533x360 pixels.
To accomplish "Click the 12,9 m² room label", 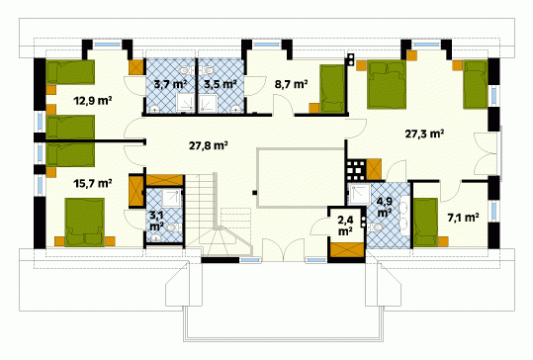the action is pyautogui.click(x=93, y=101).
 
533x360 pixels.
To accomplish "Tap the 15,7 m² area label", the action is pyautogui.click(x=93, y=184).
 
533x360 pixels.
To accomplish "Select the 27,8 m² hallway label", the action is pyautogui.click(x=208, y=145).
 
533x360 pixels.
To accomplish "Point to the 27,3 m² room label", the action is pyautogui.click(x=424, y=134).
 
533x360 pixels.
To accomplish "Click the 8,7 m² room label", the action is pyautogui.click(x=292, y=84).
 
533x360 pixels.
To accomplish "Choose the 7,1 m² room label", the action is pyautogui.click(x=464, y=218).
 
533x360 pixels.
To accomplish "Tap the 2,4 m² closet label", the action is pyautogui.click(x=345, y=225).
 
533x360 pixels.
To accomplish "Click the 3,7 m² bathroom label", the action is pyautogui.click(x=170, y=84).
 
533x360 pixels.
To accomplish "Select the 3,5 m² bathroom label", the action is pyautogui.click(x=221, y=84).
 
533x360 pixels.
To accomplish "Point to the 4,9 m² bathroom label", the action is pyautogui.click(x=384, y=207).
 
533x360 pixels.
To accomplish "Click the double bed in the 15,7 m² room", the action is pyautogui.click(x=85, y=222).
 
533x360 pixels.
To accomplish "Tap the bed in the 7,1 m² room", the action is pyautogui.click(x=425, y=223).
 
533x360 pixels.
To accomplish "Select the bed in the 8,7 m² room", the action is pyautogui.click(x=332, y=88).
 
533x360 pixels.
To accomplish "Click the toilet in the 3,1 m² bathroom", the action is pyautogui.click(x=173, y=227).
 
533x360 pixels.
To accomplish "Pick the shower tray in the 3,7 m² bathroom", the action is pyautogui.click(x=185, y=103).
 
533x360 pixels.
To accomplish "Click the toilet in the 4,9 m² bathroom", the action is pyautogui.click(x=376, y=227).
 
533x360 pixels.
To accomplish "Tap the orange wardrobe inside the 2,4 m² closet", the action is pyautogui.click(x=346, y=250).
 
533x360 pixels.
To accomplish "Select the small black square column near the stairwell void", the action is pyautogui.click(x=254, y=193).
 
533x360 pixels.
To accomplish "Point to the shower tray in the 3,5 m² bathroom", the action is pyautogui.click(x=208, y=103).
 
